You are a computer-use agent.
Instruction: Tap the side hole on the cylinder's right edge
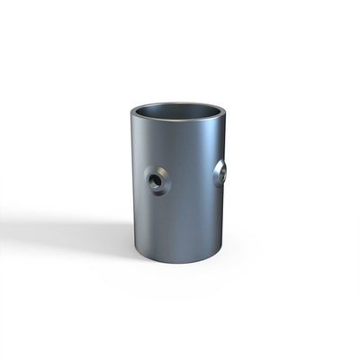pyautogui.click(x=220, y=173)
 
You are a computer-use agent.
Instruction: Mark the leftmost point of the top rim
pyautogui.click(x=129, y=114)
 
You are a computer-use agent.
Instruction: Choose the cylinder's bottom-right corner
pyautogui.click(x=222, y=250)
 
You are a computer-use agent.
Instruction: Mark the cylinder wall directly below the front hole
pyautogui.click(x=157, y=220)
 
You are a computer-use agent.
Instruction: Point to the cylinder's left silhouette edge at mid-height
pyautogui.click(x=130, y=184)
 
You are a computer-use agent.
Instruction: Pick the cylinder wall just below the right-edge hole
pyautogui.click(x=219, y=202)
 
